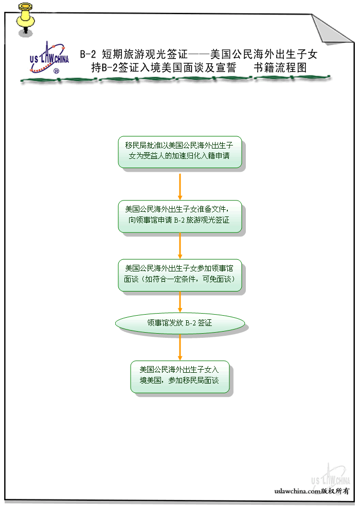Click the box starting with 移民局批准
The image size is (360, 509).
click(179, 152)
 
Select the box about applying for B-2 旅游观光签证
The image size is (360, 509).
click(179, 216)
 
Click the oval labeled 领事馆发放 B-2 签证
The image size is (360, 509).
click(179, 323)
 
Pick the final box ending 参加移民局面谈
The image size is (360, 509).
click(179, 377)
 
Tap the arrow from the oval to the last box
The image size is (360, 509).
click(180, 348)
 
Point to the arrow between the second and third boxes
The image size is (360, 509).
click(180, 246)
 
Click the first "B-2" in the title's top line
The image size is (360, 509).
click(88, 54)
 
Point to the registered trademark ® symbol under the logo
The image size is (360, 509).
click(56, 72)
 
